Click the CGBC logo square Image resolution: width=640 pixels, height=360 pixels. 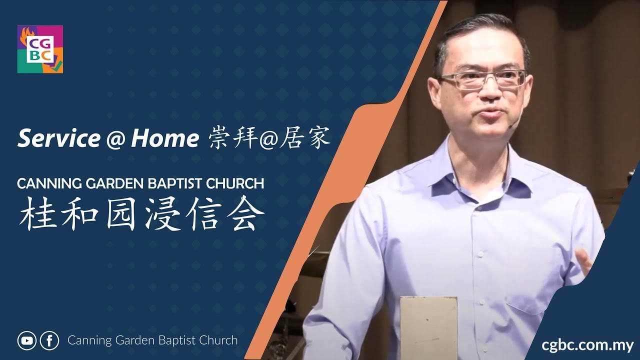(40, 49)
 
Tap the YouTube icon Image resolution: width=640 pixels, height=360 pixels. (26, 340)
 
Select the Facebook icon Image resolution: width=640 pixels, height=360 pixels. (49, 340)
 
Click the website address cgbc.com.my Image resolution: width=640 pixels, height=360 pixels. (587, 345)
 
